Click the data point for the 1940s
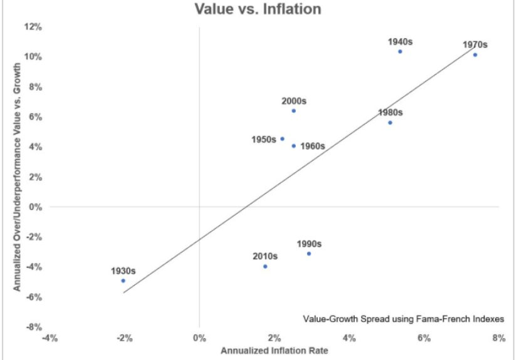point(400,51)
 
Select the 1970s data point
point(475,54)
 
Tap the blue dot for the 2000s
point(293,111)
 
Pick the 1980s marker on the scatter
point(390,123)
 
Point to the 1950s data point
point(282,139)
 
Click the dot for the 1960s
point(293,146)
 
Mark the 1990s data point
point(309,254)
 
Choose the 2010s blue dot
point(265,266)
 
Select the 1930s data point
point(123,280)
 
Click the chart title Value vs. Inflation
point(258,9)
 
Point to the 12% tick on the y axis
point(33,27)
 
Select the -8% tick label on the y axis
point(33,327)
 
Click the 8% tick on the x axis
point(499,339)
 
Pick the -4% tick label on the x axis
point(50,339)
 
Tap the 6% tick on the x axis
point(424,339)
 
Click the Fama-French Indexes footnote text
point(403,318)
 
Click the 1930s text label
point(123,271)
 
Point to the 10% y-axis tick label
point(33,57)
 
